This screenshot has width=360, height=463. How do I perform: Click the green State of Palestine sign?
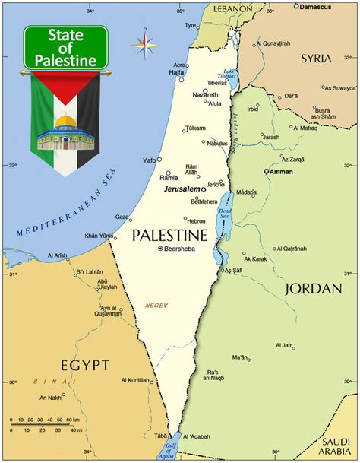coord(65,47)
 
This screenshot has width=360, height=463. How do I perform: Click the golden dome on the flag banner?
coord(65,122)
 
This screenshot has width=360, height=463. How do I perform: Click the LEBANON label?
coord(232,8)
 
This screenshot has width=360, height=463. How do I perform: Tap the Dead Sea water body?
coord(225,220)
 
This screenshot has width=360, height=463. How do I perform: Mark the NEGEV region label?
coord(156,306)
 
